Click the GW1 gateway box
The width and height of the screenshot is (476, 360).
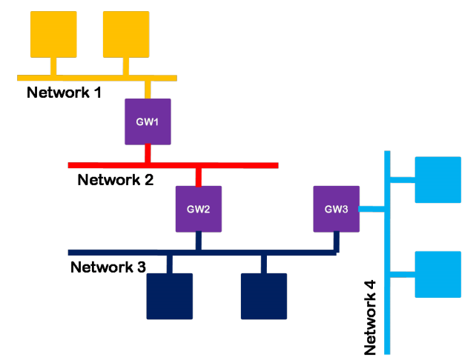[148, 121]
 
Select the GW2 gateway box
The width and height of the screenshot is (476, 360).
[198, 208]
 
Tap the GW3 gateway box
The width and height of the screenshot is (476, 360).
[336, 208]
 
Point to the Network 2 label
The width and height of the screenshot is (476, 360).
[115, 179]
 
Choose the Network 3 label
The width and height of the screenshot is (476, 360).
[108, 267]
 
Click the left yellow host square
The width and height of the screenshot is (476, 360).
[53, 35]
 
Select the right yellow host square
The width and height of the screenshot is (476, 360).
[126, 35]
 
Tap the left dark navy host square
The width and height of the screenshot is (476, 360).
[170, 296]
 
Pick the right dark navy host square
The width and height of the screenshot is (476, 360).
[264, 296]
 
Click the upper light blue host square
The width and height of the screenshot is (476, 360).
[437, 179]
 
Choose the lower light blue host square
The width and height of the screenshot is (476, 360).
[437, 274]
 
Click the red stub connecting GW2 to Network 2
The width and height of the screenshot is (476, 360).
[198, 176]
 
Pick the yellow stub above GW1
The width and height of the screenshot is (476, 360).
[148, 89]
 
